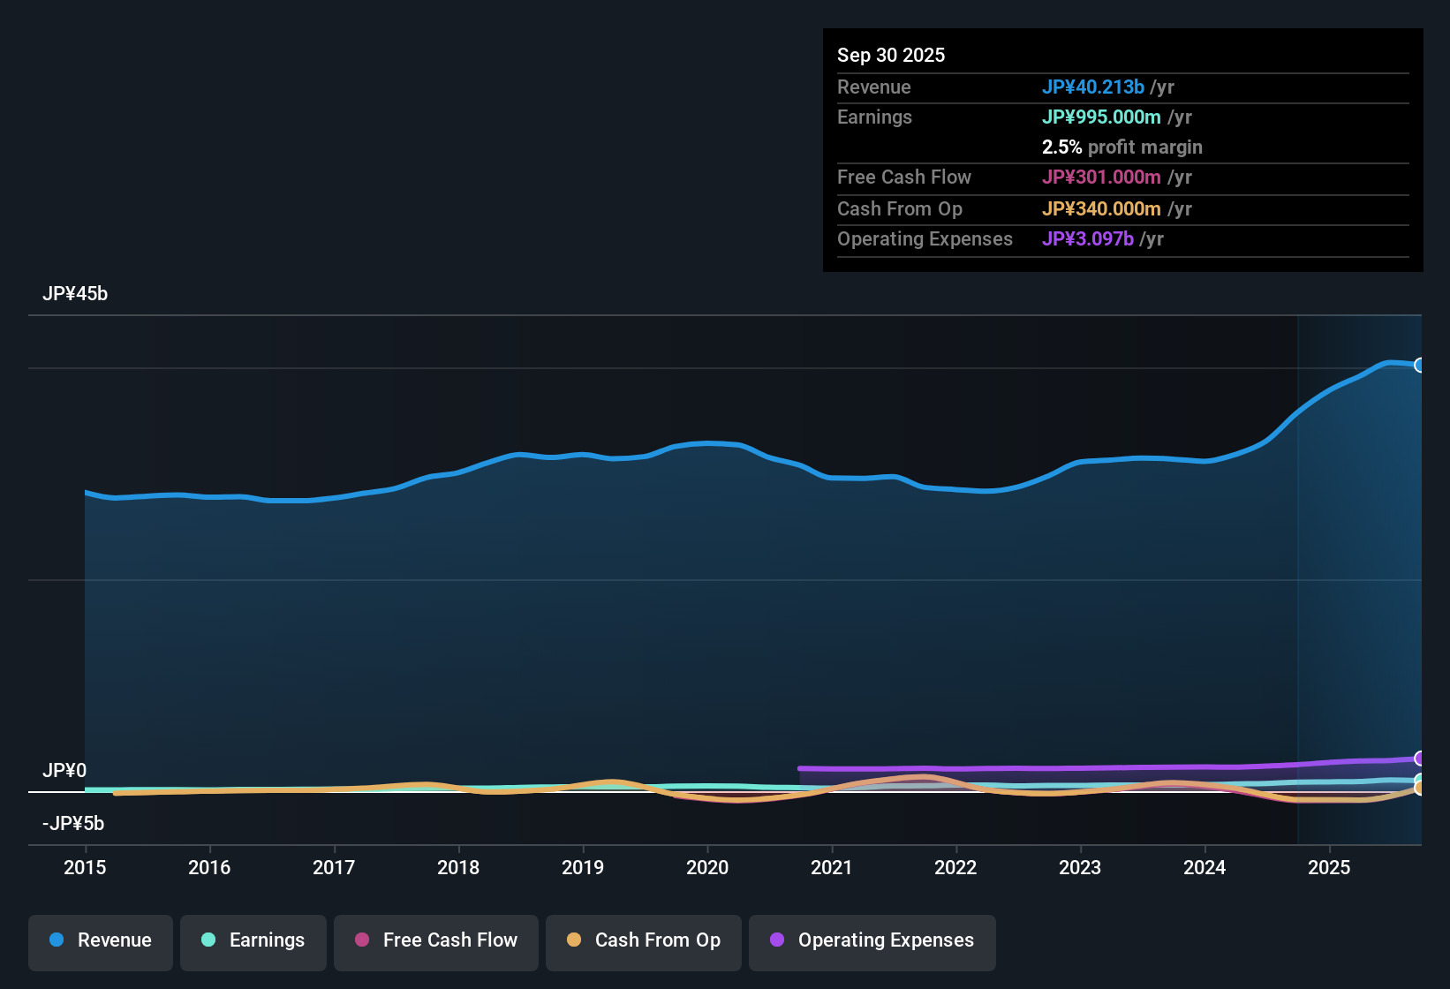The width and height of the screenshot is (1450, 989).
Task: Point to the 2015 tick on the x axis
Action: pyautogui.click(x=85, y=867)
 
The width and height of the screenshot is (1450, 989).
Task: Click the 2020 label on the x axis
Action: pyautogui.click(x=707, y=867)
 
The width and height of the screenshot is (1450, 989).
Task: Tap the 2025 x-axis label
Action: pyautogui.click(x=1329, y=867)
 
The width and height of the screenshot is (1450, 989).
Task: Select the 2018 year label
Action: pyautogui.click(x=458, y=867)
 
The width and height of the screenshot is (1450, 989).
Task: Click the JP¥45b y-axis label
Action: pyautogui.click(x=75, y=294)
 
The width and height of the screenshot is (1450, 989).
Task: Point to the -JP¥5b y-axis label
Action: pyautogui.click(x=73, y=824)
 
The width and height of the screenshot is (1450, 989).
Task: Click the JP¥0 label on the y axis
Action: pyautogui.click(x=64, y=771)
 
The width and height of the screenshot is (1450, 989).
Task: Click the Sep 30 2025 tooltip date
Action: pyautogui.click(x=891, y=56)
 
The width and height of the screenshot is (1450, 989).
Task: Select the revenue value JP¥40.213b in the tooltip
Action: pyautogui.click(x=1093, y=87)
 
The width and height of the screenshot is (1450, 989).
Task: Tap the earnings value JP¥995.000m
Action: pyautogui.click(x=1101, y=117)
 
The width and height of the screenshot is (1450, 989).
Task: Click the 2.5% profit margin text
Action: pyautogui.click(x=1121, y=147)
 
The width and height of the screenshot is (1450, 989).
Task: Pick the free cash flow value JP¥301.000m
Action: pyautogui.click(x=1101, y=177)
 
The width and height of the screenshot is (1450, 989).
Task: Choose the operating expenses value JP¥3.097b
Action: pyautogui.click(x=1088, y=239)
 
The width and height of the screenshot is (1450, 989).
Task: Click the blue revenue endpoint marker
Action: pyautogui.click(x=1420, y=366)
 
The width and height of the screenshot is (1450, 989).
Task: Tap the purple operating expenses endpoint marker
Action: pyautogui.click(x=1420, y=759)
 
